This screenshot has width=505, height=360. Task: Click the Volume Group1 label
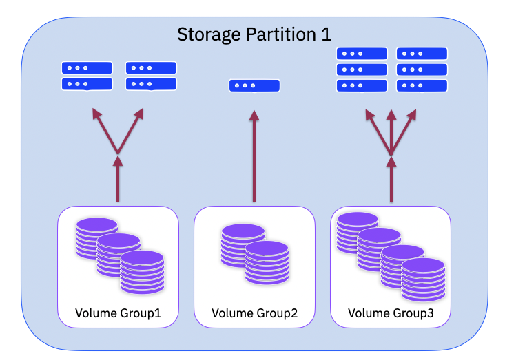[x=118, y=314]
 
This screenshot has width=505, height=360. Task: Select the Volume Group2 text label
[x=254, y=314]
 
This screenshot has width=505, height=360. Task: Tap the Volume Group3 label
[x=391, y=314]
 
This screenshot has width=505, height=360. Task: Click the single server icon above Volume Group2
[x=254, y=86]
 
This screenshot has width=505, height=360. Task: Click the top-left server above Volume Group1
[x=87, y=68]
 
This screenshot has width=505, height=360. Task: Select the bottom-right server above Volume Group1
[x=151, y=84]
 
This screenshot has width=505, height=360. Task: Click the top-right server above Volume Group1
[x=151, y=68]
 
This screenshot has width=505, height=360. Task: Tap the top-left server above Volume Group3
[x=361, y=54]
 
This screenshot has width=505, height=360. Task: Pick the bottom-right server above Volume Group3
[x=422, y=86]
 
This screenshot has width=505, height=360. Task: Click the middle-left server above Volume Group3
[x=361, y=70]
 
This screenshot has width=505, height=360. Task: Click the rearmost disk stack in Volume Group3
[x=357, y=231]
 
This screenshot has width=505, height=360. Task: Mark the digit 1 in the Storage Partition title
[x=326, y=34]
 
